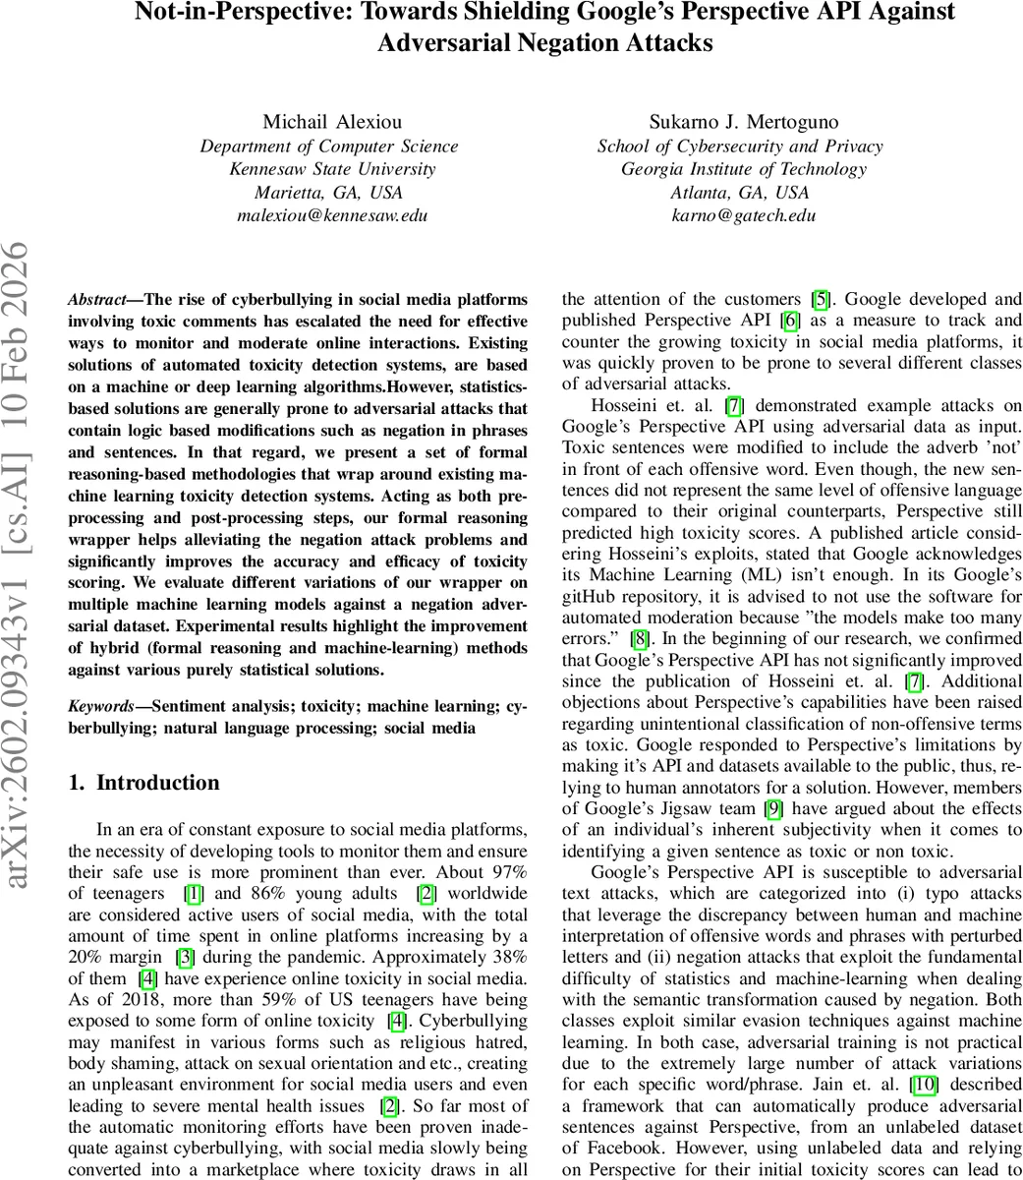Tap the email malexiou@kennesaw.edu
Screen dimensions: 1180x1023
coord(332,216)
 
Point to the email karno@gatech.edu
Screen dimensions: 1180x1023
coord(743,216)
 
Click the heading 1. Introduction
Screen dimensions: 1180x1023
coord(144,784)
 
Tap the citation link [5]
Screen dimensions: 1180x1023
coord(818,299)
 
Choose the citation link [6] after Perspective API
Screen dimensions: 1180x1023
coord(786,321)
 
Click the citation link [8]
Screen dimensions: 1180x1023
coord(638,638)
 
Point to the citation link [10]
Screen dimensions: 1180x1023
coord(924,1084)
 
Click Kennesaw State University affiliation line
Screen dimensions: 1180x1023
coord(332,169)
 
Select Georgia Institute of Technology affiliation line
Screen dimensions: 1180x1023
coord(743,169)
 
